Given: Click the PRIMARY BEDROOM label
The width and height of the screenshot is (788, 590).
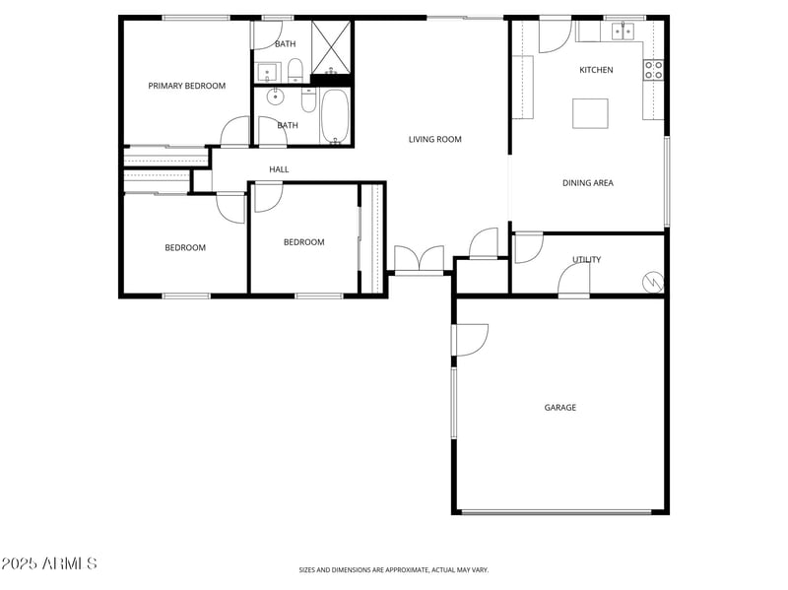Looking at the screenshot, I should pyautogui.click(x=186, y=86).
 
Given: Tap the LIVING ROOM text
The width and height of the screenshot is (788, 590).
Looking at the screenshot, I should pyautogui.click(x=434, y=139).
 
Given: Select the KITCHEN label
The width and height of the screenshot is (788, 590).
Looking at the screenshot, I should pyautogui.click(x=596, y=70).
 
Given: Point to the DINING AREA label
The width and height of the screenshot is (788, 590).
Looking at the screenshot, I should pyautogui.click(x=588, y=182).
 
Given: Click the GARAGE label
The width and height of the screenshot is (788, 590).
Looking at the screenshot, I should pyautogui.click(x=560, y=407).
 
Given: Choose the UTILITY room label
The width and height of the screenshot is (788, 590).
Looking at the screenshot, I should pyautogui.click(x=586, y=260).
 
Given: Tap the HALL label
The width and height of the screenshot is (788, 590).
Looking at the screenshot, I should pyautogui.click(x=279, y=169).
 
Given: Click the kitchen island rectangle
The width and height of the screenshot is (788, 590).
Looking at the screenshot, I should pyautogui.click(x=590, y=112).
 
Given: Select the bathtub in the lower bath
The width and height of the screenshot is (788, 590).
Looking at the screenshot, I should pyautogui.click(x=334, y=117).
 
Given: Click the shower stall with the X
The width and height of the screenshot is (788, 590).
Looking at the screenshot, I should pyautogui.click(x=331, y=45).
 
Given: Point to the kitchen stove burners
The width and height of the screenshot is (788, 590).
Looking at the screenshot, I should pyautogui.click(x=653, y=69).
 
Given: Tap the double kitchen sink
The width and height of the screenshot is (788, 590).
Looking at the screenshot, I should pyautogui.click(x=623, y=32).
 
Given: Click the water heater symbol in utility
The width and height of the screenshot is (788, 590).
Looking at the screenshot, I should pyautogui.click(x=653, y=283).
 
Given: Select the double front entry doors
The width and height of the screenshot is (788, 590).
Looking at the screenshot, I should pyautogui.click(x=419, y=261).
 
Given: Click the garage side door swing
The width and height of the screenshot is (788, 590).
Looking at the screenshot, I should pyautogui.click(x=471, y=340).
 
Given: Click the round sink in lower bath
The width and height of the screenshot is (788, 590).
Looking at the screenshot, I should pyautogui.click(x=275, y=98).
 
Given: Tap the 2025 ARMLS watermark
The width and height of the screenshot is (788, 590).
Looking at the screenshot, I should pyautogui.click(x=49, y=563).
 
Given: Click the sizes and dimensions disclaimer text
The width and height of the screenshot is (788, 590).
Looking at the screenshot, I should pyautogui.click(x=393, y=569).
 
